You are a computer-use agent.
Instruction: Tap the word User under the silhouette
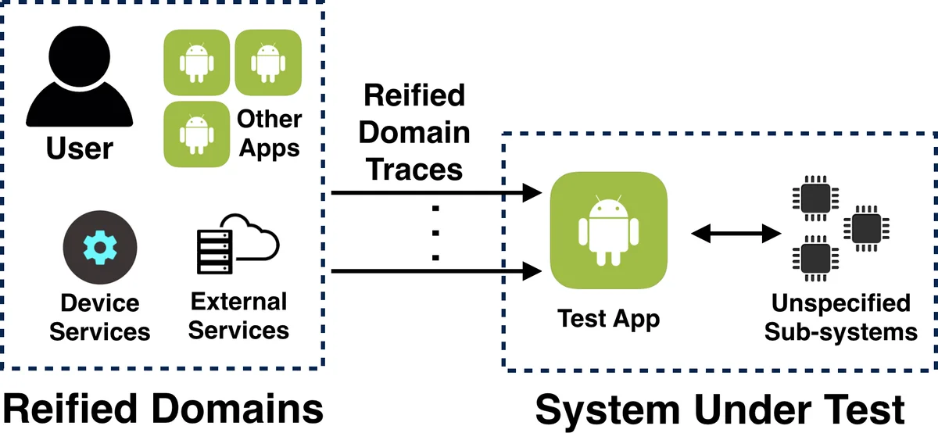click(x=80, y=148)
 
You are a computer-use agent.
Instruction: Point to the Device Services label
click(x=99, y=317)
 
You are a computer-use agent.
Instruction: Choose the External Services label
click(x=238, y=316)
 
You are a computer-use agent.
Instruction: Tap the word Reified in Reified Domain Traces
click(x=414, y=96)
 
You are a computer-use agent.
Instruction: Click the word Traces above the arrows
click(x=414, y=168)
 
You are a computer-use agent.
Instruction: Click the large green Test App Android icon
click(x=608, y=231)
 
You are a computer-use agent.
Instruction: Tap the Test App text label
click(x=608, y=319)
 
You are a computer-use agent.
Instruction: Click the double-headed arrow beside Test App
click(x=736, y=232)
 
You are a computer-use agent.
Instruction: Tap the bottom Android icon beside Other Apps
click(x=196, y=134)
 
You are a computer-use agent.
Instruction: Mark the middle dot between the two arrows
click(x=436, y=232)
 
